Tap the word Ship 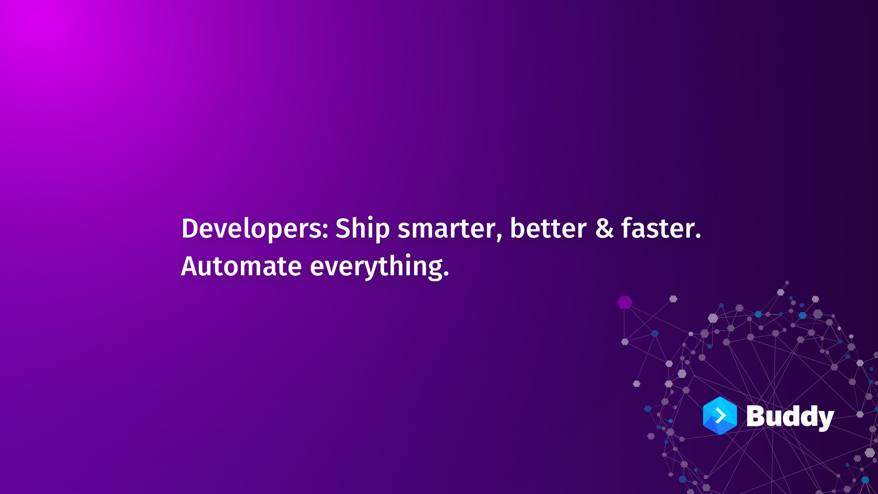tap(362, 229)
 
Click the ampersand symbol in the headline tap(604, 228)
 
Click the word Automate tap(241, 266)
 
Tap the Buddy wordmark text tap(790, 417)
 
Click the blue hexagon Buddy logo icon tap(720, 416)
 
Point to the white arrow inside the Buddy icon tap(721, 416)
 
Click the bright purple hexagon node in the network tap(625, 302)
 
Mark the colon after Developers tap(325, 231)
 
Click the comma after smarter tap(499, 237)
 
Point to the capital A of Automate tap(191, 266)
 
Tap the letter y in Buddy tap(824, 420)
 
